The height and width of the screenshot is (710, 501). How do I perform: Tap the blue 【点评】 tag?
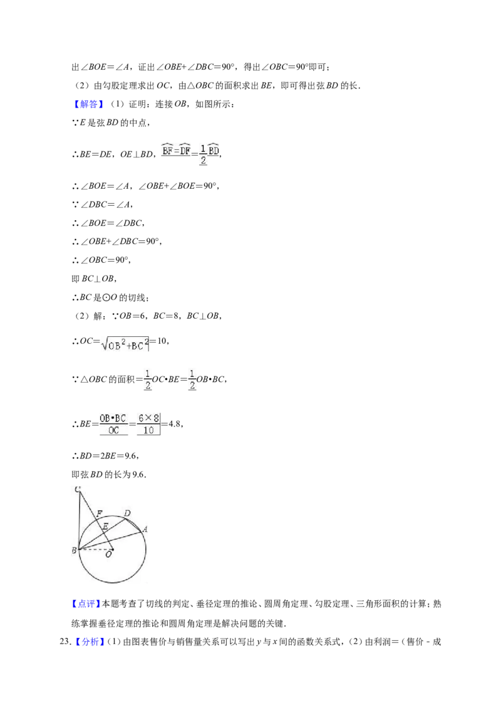click(x=86, y=604)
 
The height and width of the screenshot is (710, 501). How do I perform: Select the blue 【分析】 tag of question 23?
click(x=90, y=642)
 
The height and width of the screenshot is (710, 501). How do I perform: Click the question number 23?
click(x=66, y=642)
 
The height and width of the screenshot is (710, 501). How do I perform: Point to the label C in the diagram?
click(x=78, y=489)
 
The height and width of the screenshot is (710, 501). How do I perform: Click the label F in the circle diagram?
click(x=100, y=514)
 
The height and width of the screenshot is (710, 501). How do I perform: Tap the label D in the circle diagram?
click(x=127, y=513)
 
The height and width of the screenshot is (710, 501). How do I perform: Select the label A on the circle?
click(x=145, y=529)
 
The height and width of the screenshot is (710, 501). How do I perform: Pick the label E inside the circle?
click(x=105, y=526)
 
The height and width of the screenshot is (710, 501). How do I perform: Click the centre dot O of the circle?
click(x=111, y=549)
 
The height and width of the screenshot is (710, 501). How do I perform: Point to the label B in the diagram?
click(x=74, y=551)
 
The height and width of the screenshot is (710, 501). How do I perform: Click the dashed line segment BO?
click(x=95, y=549)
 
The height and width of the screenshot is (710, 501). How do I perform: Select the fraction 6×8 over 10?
click(x=149, y=424)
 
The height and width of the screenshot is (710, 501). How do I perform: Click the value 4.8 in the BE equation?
click(x=175, y=424)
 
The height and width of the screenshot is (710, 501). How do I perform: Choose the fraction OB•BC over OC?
click(x=113, y=424)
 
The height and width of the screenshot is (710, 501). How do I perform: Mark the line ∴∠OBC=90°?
click(x=101, y=260)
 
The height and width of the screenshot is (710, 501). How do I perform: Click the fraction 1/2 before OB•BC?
click(x=192, y=379)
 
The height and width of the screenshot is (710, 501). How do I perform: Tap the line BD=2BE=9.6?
click(x=105, y=456)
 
